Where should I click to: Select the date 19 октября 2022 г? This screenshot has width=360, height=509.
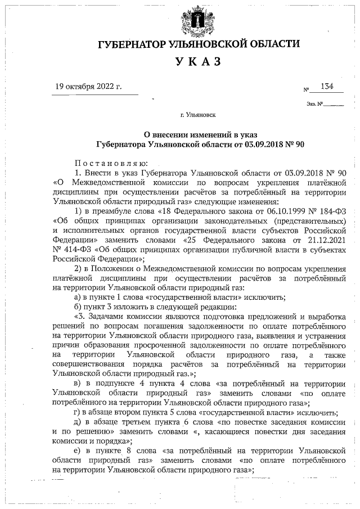[x=88, y=87]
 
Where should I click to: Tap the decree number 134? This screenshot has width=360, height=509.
[x=327, y=86]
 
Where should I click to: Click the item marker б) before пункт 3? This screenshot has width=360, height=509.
[x=78, y=307]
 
